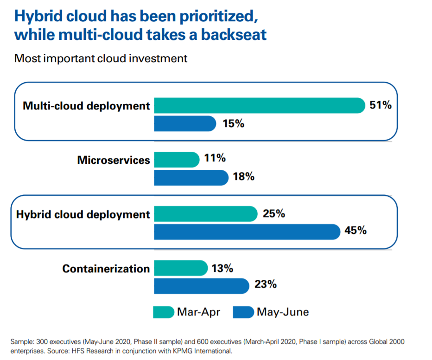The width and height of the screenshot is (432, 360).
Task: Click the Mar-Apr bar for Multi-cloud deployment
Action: click(260, 106)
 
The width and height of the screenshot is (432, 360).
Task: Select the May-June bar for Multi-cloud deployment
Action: click(184, 124)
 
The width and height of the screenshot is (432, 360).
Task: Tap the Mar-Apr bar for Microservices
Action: click(177, 160)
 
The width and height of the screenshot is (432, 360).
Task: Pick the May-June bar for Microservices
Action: click(191, 178)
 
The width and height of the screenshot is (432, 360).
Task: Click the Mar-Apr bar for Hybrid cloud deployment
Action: click(205, 214)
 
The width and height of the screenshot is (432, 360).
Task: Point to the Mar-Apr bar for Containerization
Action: click(180, 268)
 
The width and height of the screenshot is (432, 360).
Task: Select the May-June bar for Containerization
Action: click(201, 286)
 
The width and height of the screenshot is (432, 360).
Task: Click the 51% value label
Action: click(381, 105)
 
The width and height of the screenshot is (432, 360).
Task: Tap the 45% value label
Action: click(356, 230)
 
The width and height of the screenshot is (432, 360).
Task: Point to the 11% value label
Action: click(215, 158)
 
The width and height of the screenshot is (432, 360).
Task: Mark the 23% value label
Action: click(266, 284)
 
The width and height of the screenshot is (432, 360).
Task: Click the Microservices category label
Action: click(114, 161)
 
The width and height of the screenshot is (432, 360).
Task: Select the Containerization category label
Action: click(106, 269)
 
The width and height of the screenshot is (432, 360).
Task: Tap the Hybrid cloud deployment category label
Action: click(83, 215)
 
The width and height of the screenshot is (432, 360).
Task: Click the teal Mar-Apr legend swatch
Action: click(163, 312)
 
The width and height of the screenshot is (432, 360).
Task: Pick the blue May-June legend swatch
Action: click(243, 312)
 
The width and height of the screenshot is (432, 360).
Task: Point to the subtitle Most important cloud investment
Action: click(101, 58)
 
